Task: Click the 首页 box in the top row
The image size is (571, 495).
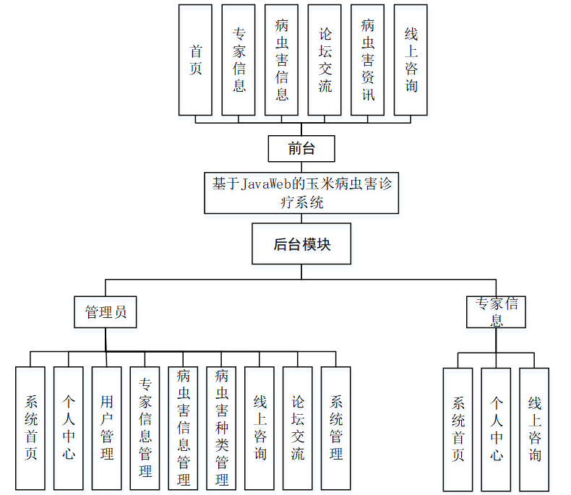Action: point(195,60)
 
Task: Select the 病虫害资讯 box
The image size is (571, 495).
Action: point(367,60)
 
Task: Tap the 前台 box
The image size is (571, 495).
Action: point(301,149)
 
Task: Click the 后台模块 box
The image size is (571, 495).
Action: point(301,244)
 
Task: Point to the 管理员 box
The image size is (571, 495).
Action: point(106,312)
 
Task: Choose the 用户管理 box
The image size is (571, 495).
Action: point(107,428)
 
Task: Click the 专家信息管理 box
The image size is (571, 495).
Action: point(145,428)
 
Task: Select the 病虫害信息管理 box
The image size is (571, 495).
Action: point(184,428)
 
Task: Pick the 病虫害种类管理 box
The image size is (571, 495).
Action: point(222,428)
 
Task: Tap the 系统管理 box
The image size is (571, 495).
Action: point(336,428)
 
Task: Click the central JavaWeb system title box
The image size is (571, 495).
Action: point(301,192)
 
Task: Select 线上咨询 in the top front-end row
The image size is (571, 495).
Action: point(411,60)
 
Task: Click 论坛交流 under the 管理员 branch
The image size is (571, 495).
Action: point(298,428)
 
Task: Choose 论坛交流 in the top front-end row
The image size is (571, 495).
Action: point(325,60)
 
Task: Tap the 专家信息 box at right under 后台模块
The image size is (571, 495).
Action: point(496,312)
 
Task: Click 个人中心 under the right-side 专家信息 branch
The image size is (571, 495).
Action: point(496,429)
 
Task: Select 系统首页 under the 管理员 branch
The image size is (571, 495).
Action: point(30,428)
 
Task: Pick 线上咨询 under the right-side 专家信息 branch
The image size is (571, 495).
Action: point(534,429)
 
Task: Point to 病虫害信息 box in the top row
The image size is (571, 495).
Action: point(281,60)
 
